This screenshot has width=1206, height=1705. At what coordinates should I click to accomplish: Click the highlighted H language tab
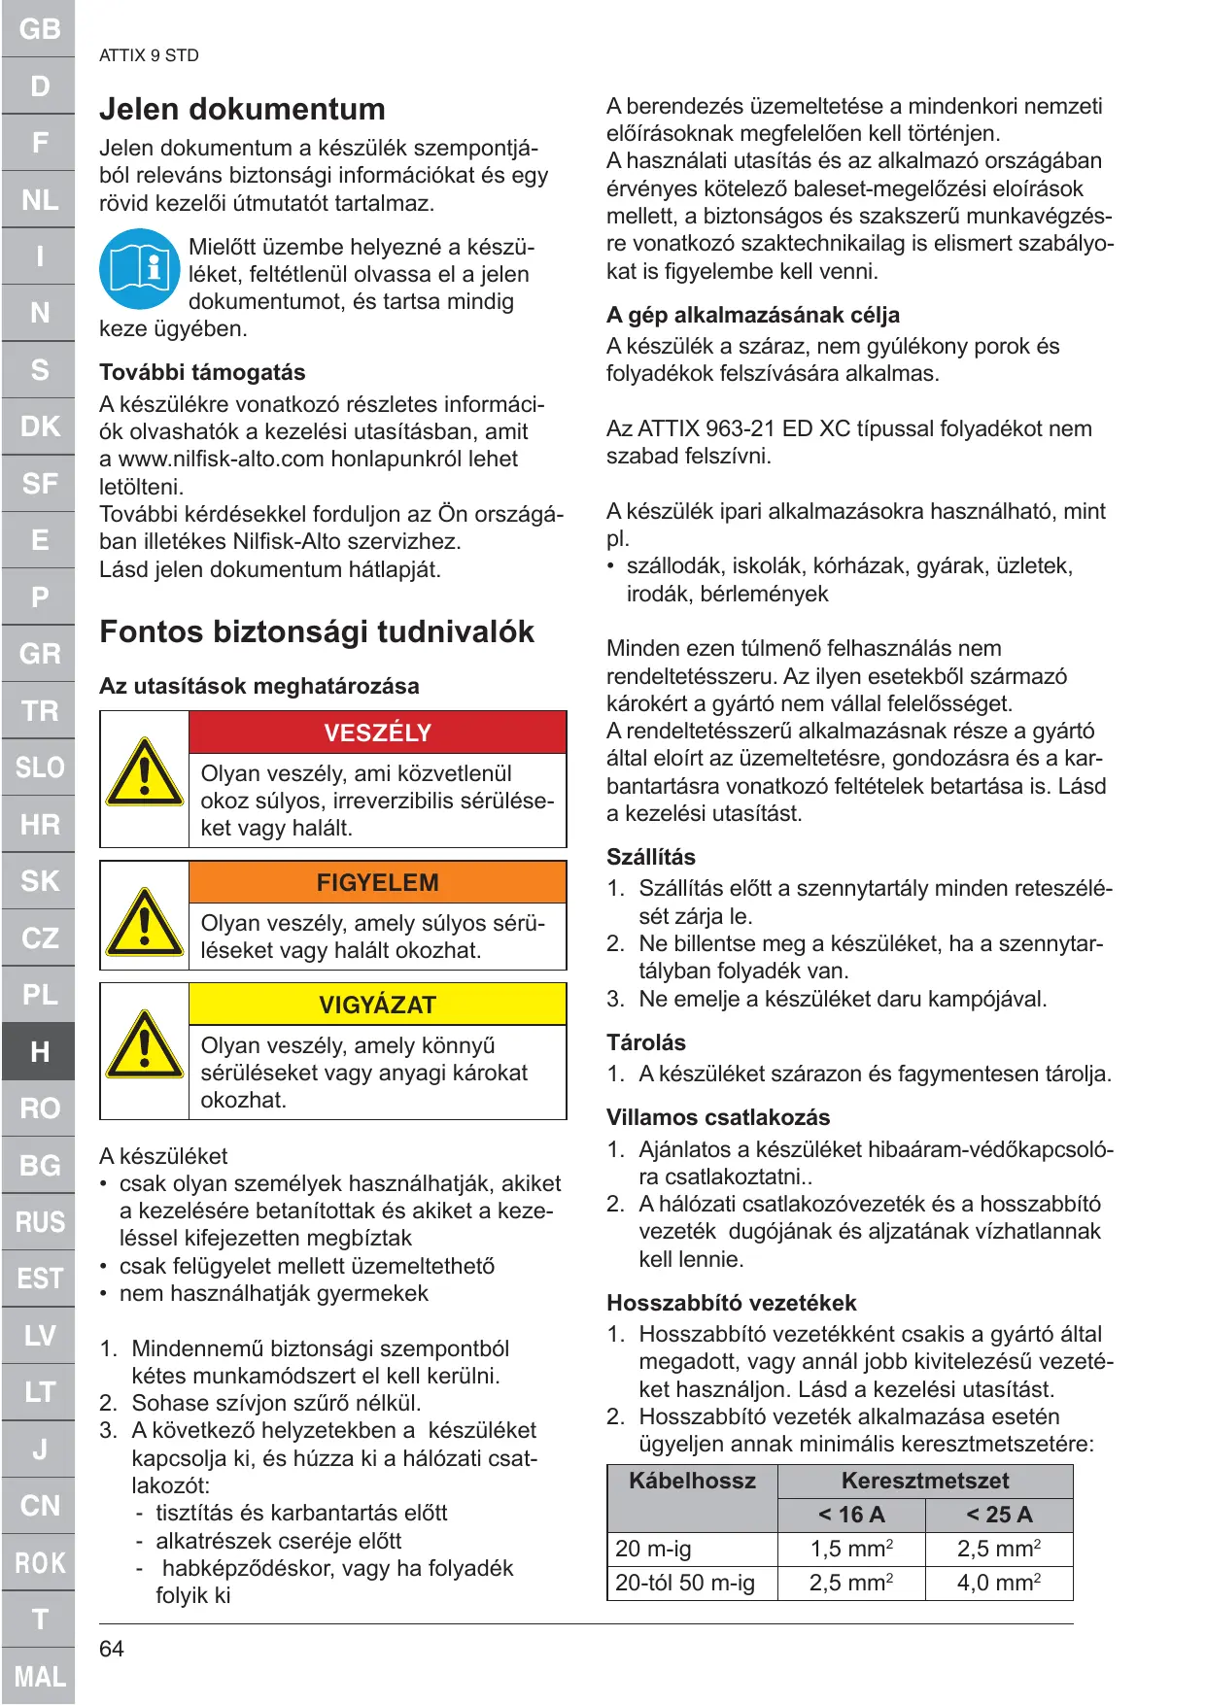point(39,1051)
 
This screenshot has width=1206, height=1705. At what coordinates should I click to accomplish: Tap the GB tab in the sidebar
point(39,29)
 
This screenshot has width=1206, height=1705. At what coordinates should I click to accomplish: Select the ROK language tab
point(39,1562)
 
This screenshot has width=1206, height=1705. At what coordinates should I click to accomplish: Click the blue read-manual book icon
point(139,269)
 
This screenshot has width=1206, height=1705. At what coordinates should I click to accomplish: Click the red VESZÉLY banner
point(377,733)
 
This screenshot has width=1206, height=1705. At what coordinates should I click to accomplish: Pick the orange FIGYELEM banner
point(377,882)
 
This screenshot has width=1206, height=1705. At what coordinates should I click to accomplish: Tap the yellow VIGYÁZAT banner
point(377,1005)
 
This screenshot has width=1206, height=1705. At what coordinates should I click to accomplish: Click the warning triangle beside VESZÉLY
point(145,773)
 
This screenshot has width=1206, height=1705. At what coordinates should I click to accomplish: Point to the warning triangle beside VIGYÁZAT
point(145,1045)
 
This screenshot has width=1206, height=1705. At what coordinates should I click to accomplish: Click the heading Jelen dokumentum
point(242,109)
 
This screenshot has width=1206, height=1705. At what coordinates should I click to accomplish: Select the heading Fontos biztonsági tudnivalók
point(317,631)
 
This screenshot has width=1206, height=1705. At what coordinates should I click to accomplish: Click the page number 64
point(112,1649)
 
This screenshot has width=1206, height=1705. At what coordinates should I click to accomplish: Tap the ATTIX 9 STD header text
point(149,55)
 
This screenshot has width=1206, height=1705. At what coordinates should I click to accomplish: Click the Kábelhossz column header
point(692,1481)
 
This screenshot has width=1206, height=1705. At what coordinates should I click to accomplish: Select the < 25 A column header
point(999,1515)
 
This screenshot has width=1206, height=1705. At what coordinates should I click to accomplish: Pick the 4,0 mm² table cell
point(999,1583)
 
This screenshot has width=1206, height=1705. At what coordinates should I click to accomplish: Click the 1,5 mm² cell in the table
point(851,1549)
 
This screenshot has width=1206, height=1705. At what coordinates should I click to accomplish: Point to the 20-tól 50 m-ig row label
point(685,1583)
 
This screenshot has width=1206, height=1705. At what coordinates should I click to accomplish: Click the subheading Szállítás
point(651,857)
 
